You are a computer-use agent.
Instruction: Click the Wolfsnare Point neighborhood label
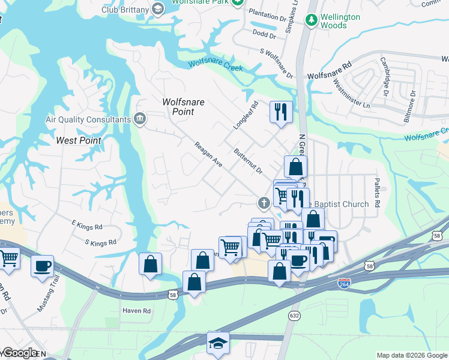click(x=184, y=107)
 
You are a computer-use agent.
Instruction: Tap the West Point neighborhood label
click(x=78, y=140)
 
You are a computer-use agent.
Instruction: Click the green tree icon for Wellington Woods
click(x=311, y=21)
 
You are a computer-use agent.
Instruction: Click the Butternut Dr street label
click(x=249, y=161)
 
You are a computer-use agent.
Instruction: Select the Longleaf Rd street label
click(x=245, y=116)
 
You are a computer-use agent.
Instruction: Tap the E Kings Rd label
click(x=87, y=227)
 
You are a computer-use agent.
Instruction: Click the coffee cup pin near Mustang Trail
click(x=42, y=266)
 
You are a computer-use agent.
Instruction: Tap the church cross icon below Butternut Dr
click(x=263, y=202)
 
